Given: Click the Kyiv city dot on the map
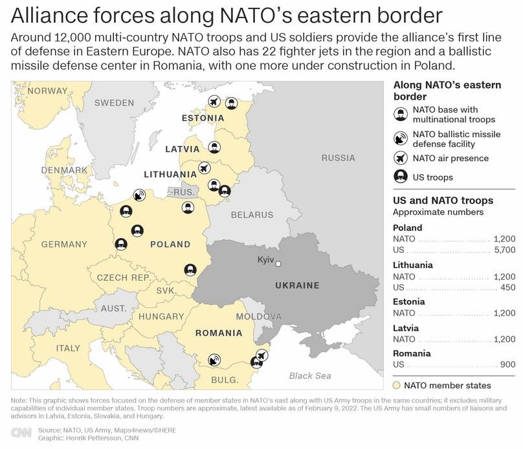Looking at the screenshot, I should [x=278, y=263].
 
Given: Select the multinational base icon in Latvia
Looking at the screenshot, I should [x=214, y=146].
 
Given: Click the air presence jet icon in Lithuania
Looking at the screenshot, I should [x=205, y=168].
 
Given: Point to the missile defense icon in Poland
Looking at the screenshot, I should [x=139, y=195].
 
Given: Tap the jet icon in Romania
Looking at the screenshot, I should [x=261, y=355].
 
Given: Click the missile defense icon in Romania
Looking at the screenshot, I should [x=214, y=359].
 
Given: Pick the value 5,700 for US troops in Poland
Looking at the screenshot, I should [x=504, y=249].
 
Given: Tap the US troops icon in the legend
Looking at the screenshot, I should [x=401, y=177].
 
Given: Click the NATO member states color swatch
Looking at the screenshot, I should [x=398, y=386].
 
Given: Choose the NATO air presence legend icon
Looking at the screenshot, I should [x=401, y=158].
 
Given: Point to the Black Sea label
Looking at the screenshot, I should [x=309, y=375].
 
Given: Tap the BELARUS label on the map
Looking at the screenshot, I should [x=252, y=215].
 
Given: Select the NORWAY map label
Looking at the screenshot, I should [x=47, y=91].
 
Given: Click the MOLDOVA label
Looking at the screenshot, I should [x=258, y=316].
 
